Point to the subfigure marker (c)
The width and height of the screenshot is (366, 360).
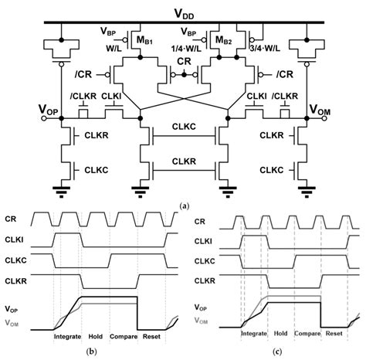point(274,354)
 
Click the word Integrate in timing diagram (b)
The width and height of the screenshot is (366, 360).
point(69,336)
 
